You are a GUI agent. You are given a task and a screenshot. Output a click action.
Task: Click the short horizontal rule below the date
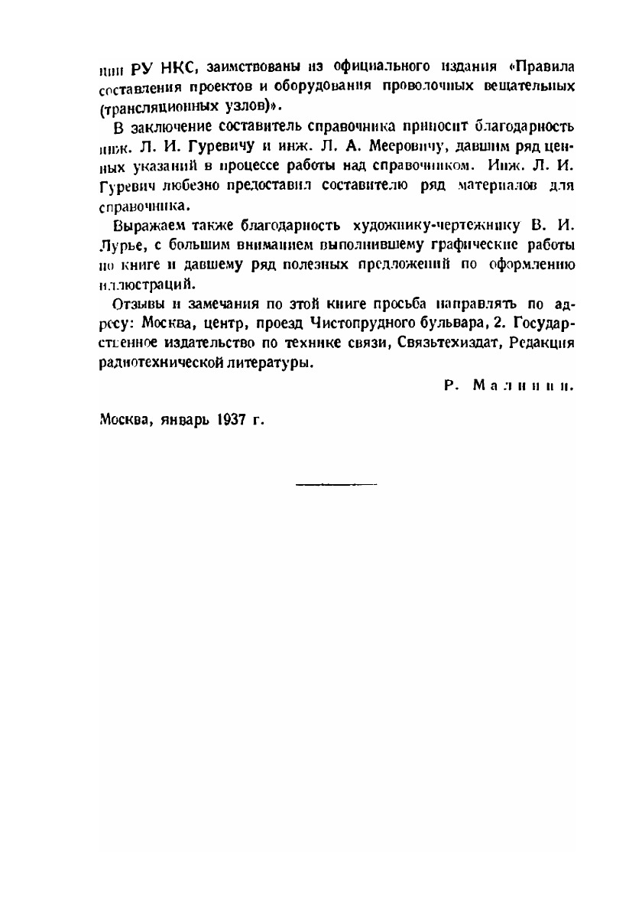[x=336, y=483]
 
